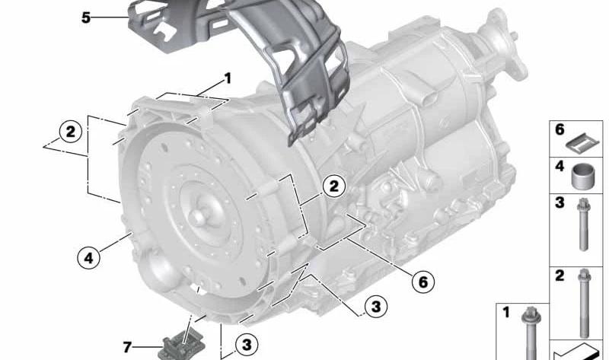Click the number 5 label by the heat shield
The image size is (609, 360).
[86, 18]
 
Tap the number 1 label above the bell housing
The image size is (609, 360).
[228, 78]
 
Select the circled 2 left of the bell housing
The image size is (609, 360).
[70, 132]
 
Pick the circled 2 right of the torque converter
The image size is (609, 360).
[334, 186]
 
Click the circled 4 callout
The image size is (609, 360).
[89, 257]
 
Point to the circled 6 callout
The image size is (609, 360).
[423, 282]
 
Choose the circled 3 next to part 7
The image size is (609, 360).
[247, 345]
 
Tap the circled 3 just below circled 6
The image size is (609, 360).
[375, 307]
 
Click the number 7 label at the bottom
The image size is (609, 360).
[127, 347]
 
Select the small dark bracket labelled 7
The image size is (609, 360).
[181, 345]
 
